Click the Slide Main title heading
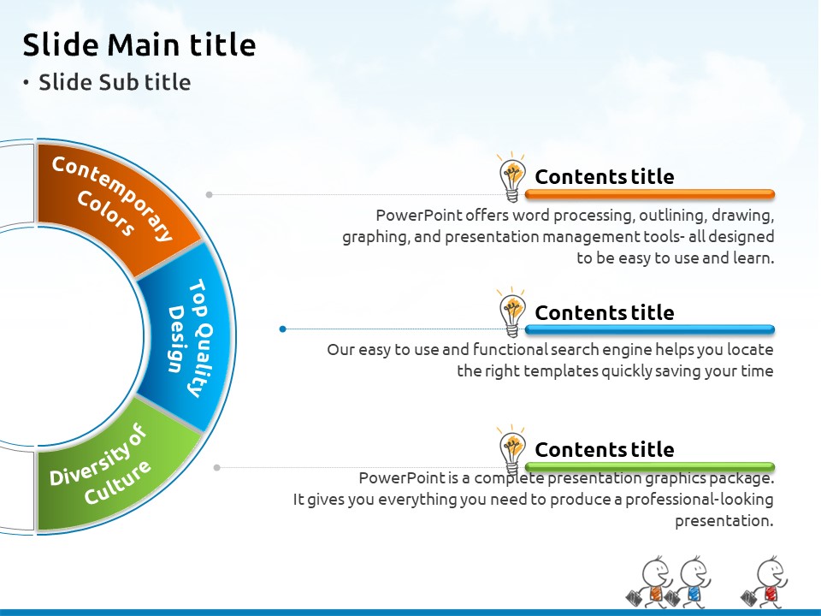[x=139, y=44]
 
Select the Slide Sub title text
[x=115, y=82]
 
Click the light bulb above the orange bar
[x=511, y=177]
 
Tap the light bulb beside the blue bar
[x=511, y=312]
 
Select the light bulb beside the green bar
[x=511, y=449]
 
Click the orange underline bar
[x=649, y=194]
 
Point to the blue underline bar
[x=649, y=329]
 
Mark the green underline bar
[x=649, y=466]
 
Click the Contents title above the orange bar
[x=605, y=176]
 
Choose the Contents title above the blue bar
[x=605, y=312]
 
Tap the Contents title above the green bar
[x=605, y=449]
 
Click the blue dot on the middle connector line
[x=283, y=329]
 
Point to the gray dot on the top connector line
[x=210, y=194]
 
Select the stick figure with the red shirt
[x=765, y=582]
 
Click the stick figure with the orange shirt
[x=649, y=582]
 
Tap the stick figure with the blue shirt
[x=688, y=582]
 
